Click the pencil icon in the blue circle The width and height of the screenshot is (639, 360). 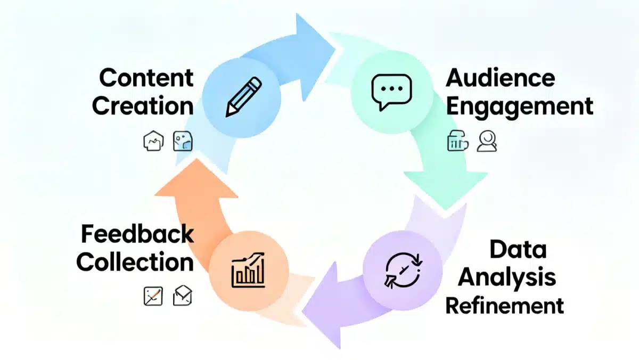[243, 97]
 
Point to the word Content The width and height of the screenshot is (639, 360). [146, 78]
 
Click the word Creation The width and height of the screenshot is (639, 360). [143, 105]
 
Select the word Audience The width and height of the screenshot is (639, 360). [501, 78]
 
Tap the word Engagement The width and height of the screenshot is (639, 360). [519, 106]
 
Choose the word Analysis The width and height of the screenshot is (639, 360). [507, 277]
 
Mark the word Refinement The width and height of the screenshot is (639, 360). [504, 306]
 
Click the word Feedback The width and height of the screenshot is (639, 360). [137, 234]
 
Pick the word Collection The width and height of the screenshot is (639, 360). [135, 262]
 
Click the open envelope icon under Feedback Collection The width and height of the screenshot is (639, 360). [183, 296]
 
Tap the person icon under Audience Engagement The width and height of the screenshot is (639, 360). [487, 142]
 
